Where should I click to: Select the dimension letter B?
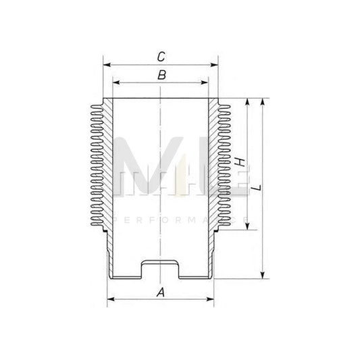pos(161,75)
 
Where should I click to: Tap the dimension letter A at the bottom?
pos(161,292)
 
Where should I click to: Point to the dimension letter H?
pos(239,163)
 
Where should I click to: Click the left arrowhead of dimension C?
pos(106,66)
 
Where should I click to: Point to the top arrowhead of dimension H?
pos(249,102)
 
